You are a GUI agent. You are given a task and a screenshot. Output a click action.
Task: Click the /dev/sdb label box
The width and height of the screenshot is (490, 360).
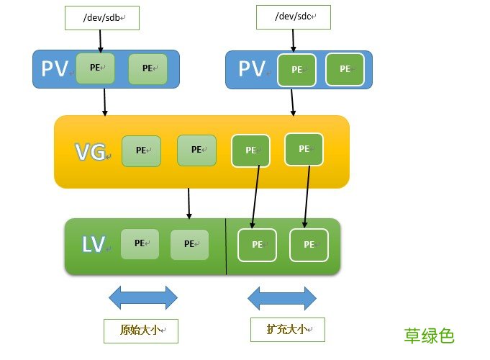[101, 18]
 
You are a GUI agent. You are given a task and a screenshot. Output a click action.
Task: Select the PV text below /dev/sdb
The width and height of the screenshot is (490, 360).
[55, 68]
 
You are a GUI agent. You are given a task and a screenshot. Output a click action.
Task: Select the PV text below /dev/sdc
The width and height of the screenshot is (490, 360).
[253, 70]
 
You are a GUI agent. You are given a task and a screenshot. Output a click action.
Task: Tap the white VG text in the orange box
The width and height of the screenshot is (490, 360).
[91, 151]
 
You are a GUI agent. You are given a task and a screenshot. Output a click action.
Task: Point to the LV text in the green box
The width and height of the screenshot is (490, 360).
[94, 246]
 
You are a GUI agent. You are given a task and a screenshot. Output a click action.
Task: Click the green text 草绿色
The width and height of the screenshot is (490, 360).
[429, 336]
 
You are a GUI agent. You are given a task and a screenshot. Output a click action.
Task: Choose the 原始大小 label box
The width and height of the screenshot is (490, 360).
[140, 330]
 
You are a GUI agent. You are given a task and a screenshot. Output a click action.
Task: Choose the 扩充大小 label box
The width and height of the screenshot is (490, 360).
[288, 329]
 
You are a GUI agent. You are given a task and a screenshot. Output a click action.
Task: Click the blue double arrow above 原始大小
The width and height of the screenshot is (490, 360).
[142, 297]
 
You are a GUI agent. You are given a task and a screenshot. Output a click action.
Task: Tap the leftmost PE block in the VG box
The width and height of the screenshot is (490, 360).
[141, 150]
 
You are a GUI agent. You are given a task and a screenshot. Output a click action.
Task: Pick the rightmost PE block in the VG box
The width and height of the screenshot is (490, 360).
[304, 149]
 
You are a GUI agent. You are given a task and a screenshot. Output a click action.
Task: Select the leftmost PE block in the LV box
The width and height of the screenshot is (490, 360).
[140, 243]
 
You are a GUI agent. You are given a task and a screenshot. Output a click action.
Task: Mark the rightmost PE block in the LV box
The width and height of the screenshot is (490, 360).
[309, 245]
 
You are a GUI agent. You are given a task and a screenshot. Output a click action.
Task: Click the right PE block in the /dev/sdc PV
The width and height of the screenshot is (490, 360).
[345, 69]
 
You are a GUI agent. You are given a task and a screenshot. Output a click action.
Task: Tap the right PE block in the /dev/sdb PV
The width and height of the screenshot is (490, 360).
[148, 68]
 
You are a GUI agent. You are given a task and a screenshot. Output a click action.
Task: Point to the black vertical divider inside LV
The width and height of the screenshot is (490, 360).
[226, 246]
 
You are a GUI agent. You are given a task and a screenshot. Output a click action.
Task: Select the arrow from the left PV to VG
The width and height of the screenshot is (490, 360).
[105, 102]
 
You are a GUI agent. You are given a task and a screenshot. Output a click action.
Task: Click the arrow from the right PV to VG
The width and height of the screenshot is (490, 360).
[292, 102]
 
